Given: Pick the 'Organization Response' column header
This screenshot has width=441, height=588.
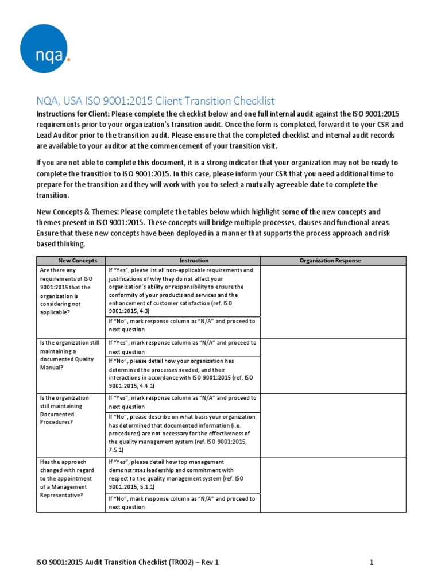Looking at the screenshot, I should pyautogui.click(x=330, y=261).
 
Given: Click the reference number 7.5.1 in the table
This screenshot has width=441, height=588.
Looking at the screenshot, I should pyautogui.click(x=117, y=451).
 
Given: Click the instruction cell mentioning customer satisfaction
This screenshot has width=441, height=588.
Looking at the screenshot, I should pyautogui.click(x=183, y=291).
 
